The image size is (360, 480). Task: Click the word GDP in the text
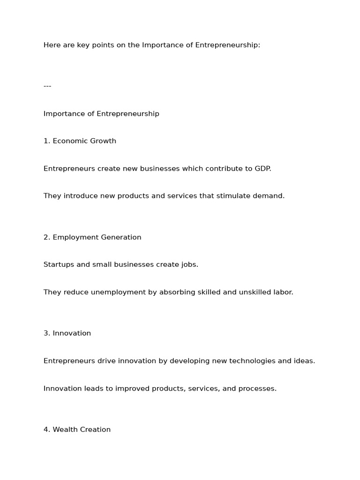click(x=262, y=168)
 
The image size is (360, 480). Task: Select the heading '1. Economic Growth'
click(x=80, y=141)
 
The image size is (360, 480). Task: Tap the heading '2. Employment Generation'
click(x=92, y=237)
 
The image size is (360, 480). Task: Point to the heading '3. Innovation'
click(x=67, y=333)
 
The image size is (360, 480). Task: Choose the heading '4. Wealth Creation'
click(x=77, y=429)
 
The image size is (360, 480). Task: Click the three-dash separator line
click(x=47, y=86)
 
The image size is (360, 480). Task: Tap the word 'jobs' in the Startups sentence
click(x=189, y=265)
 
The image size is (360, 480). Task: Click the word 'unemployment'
click(x=120, y=292)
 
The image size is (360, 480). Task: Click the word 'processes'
click(x=257, y=389)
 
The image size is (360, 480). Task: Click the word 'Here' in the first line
click(x=52, y=45)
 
